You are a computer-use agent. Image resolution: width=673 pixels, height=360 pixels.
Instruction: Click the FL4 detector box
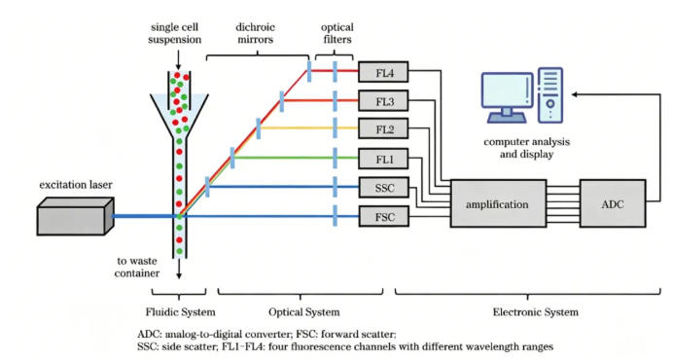pos(383,72)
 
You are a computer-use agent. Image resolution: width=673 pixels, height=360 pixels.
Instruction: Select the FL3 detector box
pos(383,101)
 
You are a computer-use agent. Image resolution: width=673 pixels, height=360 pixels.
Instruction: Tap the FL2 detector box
pos(383,128)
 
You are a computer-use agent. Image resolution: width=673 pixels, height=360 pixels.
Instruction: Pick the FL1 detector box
pos(383,159)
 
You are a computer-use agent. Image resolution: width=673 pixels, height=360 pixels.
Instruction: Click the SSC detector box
pos(383,188)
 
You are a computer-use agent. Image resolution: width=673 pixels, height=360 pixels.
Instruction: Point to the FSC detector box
pos(383,217)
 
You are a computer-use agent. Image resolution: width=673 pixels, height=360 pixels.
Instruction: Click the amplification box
pos(498,203)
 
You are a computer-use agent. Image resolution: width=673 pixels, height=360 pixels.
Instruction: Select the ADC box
pos(613,203)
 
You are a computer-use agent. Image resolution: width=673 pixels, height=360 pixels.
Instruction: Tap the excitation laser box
pos(75,217)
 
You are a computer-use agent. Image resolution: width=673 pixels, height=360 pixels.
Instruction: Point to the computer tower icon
pos(549,95)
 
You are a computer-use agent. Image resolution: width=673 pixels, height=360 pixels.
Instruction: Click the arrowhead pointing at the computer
pos(575,94)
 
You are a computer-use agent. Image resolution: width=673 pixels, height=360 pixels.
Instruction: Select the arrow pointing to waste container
pos(179,269)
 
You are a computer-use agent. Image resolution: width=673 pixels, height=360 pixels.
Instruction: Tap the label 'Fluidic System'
pos(180,312)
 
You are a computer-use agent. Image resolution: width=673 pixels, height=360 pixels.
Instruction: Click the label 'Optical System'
pos(303,312)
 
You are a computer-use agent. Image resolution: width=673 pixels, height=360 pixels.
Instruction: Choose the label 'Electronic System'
pos(535,312)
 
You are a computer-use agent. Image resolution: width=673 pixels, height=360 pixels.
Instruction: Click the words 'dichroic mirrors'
pos(255,33)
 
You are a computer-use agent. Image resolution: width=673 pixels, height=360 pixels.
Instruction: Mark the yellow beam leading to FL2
pos(308,128)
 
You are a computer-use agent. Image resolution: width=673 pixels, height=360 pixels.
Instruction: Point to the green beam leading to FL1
pos(296,158)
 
